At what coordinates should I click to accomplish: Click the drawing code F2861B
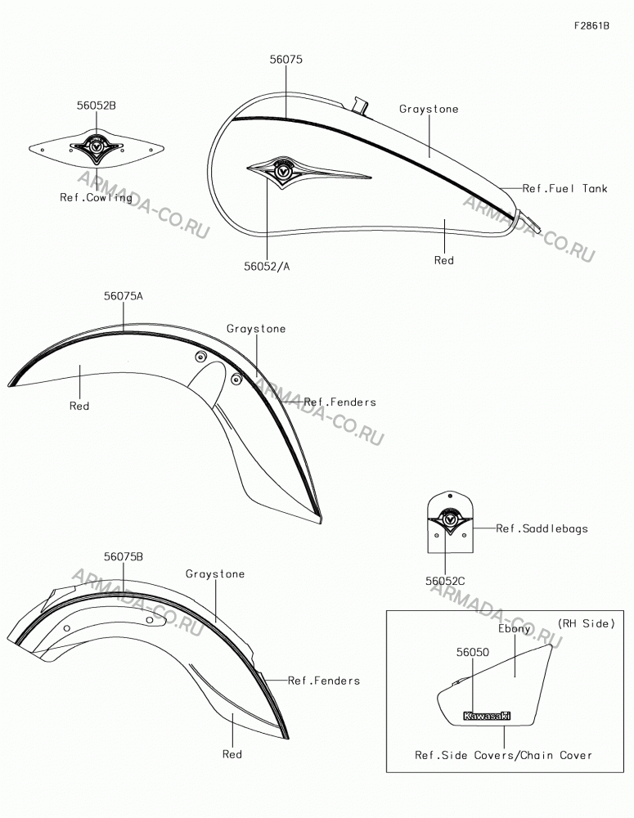(x=591, y=25)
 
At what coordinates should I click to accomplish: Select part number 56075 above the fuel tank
(x=286, y=60)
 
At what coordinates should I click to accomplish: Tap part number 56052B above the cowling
(x=97, y=106)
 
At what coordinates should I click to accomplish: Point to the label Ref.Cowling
(x=96, y=197)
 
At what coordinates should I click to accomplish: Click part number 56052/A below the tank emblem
(x=267, y=267)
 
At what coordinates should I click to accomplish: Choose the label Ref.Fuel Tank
(x=565, y=189)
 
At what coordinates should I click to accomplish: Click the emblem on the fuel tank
(x=308, y=171)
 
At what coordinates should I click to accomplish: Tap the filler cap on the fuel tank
(x=358, y=105)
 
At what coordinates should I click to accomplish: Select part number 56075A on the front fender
(x=124, y=296)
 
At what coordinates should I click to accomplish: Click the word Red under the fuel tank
(x=444, y=260)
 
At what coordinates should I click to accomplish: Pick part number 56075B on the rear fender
(x=124, y=556)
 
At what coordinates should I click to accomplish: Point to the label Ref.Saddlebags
(x=542, y=529)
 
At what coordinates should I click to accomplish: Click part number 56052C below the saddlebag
(x=445, y=581)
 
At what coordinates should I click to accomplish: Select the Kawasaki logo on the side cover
(x=487, y=717)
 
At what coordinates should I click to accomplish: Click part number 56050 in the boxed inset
(x=473, y=652)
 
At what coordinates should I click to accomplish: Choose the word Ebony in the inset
(x=514, y=628)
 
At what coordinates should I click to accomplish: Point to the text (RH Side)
(x=587, y=623)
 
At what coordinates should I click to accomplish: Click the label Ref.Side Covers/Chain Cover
(x=504, y=755)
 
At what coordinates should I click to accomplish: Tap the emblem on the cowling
(x=96, y=147)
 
